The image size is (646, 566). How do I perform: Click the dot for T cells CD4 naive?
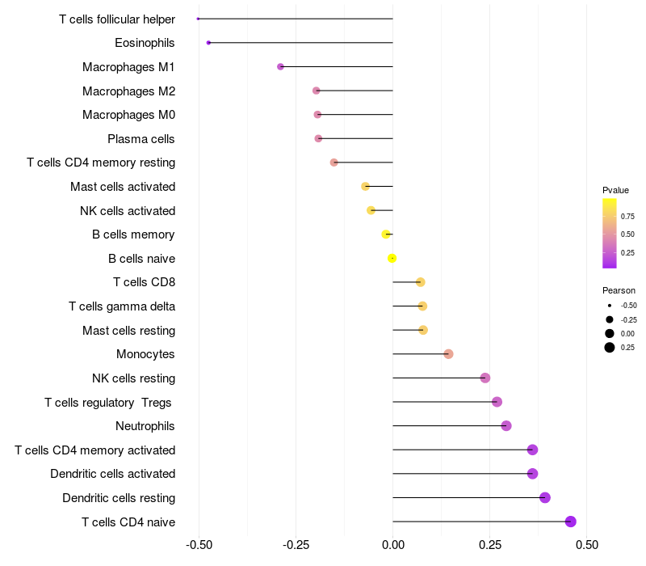click(x=571, y=522)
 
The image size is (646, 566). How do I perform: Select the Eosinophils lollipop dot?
click(x=208, y=42)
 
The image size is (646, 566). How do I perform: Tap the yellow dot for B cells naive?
click(x=392, y=258)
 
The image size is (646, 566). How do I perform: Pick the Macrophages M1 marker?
click(x=280, y=66)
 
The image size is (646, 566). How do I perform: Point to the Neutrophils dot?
click(x=506, y=426)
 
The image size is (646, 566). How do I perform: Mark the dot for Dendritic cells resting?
click(x=545, y=497)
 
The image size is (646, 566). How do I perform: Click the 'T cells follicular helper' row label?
click(x=117, y=19)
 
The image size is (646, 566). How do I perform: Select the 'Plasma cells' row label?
click(x=141, y=139)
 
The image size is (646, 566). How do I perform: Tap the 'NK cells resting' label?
click(x=133, y=378)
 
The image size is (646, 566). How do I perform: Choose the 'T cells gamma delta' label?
click(x=122, y=306)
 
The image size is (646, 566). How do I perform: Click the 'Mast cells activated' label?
click(x=123, y=187)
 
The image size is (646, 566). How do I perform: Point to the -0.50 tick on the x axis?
click(x=199, y=546)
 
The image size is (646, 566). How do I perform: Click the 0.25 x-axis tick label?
click(x=490, y=546)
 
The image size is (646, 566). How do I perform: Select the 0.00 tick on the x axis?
click(x=393, y=546)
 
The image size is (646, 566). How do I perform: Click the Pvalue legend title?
click(x=615, y=190)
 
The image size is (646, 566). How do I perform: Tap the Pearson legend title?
click(x=619, y=290)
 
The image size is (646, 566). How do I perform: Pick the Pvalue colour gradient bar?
click(x=610, y=233)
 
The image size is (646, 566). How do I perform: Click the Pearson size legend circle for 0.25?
click(x=610, y=348)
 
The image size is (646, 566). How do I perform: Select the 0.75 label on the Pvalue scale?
click(x=627, y=216)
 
